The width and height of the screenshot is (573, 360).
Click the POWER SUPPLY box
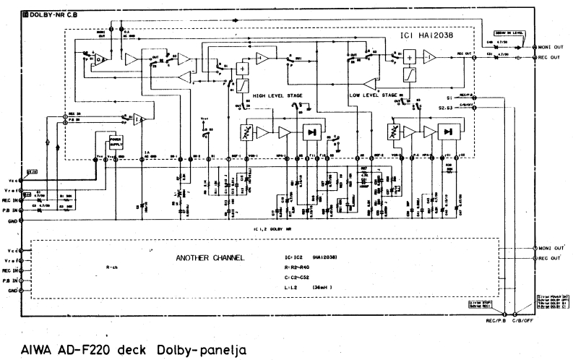click(116, 140)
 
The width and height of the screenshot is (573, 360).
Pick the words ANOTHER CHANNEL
click(209, 257)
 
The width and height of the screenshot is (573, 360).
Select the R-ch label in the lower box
click(111, 266)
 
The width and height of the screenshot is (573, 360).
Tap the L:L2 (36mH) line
click(311, 288)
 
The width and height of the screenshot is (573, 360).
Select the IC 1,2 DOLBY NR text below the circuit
click(272, 228)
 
